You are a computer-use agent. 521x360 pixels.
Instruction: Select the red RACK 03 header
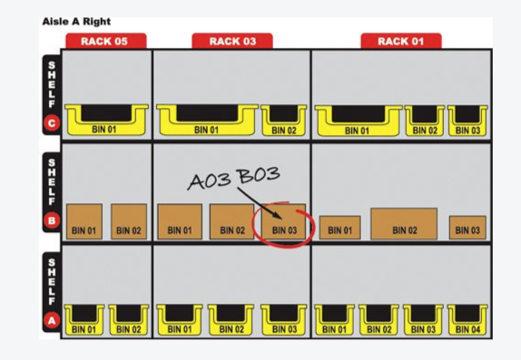[x=231, y=41]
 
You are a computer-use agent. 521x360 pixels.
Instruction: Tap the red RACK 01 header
[x=400, y=41]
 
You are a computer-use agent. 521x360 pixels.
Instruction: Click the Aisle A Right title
[x=77, y=20]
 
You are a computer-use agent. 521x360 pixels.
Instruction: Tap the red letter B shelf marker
[x=52, y=220]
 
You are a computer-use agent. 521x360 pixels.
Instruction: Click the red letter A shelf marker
[x=52, y=319]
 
